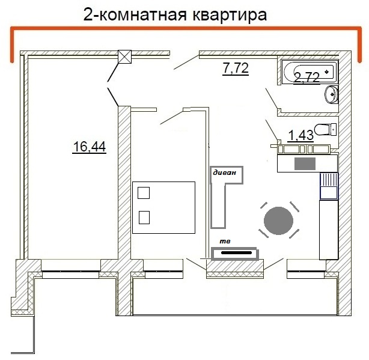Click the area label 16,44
coord(89,146)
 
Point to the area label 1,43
coord(300,135)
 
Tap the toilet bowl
coord(325,129)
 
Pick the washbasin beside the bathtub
coord(331,94)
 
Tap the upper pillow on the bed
coord(144,193)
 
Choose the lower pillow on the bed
coord(144,217)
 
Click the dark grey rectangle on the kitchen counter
coord(304,163)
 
